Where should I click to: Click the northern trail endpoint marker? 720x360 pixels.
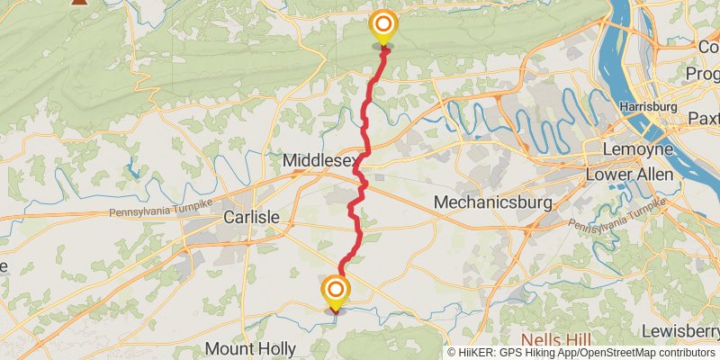point(383,26)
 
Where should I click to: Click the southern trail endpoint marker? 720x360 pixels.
point(336,291)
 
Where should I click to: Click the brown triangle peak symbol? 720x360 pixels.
point(79,3)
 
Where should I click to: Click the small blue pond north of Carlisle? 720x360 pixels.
point(133,167)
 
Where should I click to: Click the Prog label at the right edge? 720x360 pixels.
point(703,72)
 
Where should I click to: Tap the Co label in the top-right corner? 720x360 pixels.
point(708,46)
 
